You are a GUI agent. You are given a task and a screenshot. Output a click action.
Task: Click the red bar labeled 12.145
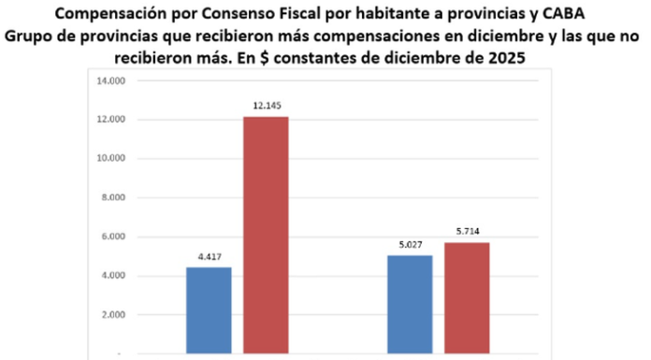point(267,235)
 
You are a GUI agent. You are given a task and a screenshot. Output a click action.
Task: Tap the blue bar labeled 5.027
point(410,305)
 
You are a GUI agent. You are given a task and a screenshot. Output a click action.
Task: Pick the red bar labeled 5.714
point(467,298)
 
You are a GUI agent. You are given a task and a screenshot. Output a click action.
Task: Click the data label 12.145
point(267,104)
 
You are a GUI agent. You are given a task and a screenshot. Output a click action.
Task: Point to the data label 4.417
point(209,255)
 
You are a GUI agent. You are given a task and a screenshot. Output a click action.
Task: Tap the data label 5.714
point(467,230)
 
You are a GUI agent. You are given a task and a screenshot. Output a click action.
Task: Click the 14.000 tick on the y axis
point(110,80)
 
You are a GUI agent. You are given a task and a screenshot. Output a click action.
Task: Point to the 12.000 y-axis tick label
point(110,120)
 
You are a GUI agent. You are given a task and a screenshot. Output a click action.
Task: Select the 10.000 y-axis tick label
point(110,159)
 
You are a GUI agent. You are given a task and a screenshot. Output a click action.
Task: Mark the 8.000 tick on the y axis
point(112,197)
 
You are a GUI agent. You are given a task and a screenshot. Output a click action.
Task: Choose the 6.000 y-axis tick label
point(112,237)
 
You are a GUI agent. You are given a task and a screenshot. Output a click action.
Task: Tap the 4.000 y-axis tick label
point(112,276)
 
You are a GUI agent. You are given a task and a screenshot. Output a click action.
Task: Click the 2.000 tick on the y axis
point(112,315)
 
